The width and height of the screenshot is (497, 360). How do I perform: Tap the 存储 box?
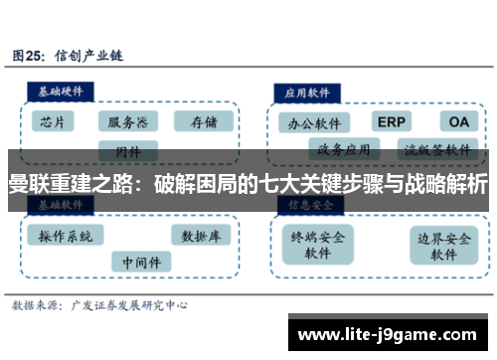coord(202,121)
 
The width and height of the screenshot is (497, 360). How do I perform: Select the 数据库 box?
coord(201,236)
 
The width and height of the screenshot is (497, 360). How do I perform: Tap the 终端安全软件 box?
coord(317,245)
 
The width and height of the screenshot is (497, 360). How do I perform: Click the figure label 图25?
coord(29,57)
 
